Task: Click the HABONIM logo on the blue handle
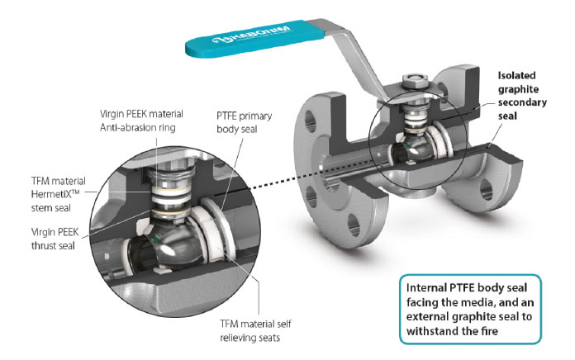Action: (x=251, y=34)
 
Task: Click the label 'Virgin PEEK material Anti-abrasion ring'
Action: (x=141, y=121)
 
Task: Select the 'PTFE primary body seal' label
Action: (x=245, y=122)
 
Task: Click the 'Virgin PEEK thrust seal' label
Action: (x=55, y=239)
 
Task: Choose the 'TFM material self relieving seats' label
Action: (x=255, y=330)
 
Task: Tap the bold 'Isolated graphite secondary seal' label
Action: (x=522, y=96)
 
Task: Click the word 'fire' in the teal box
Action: (x=489, y=331)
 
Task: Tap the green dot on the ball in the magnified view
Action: (x=156, y=239)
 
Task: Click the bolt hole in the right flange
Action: (x=486, y=190)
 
